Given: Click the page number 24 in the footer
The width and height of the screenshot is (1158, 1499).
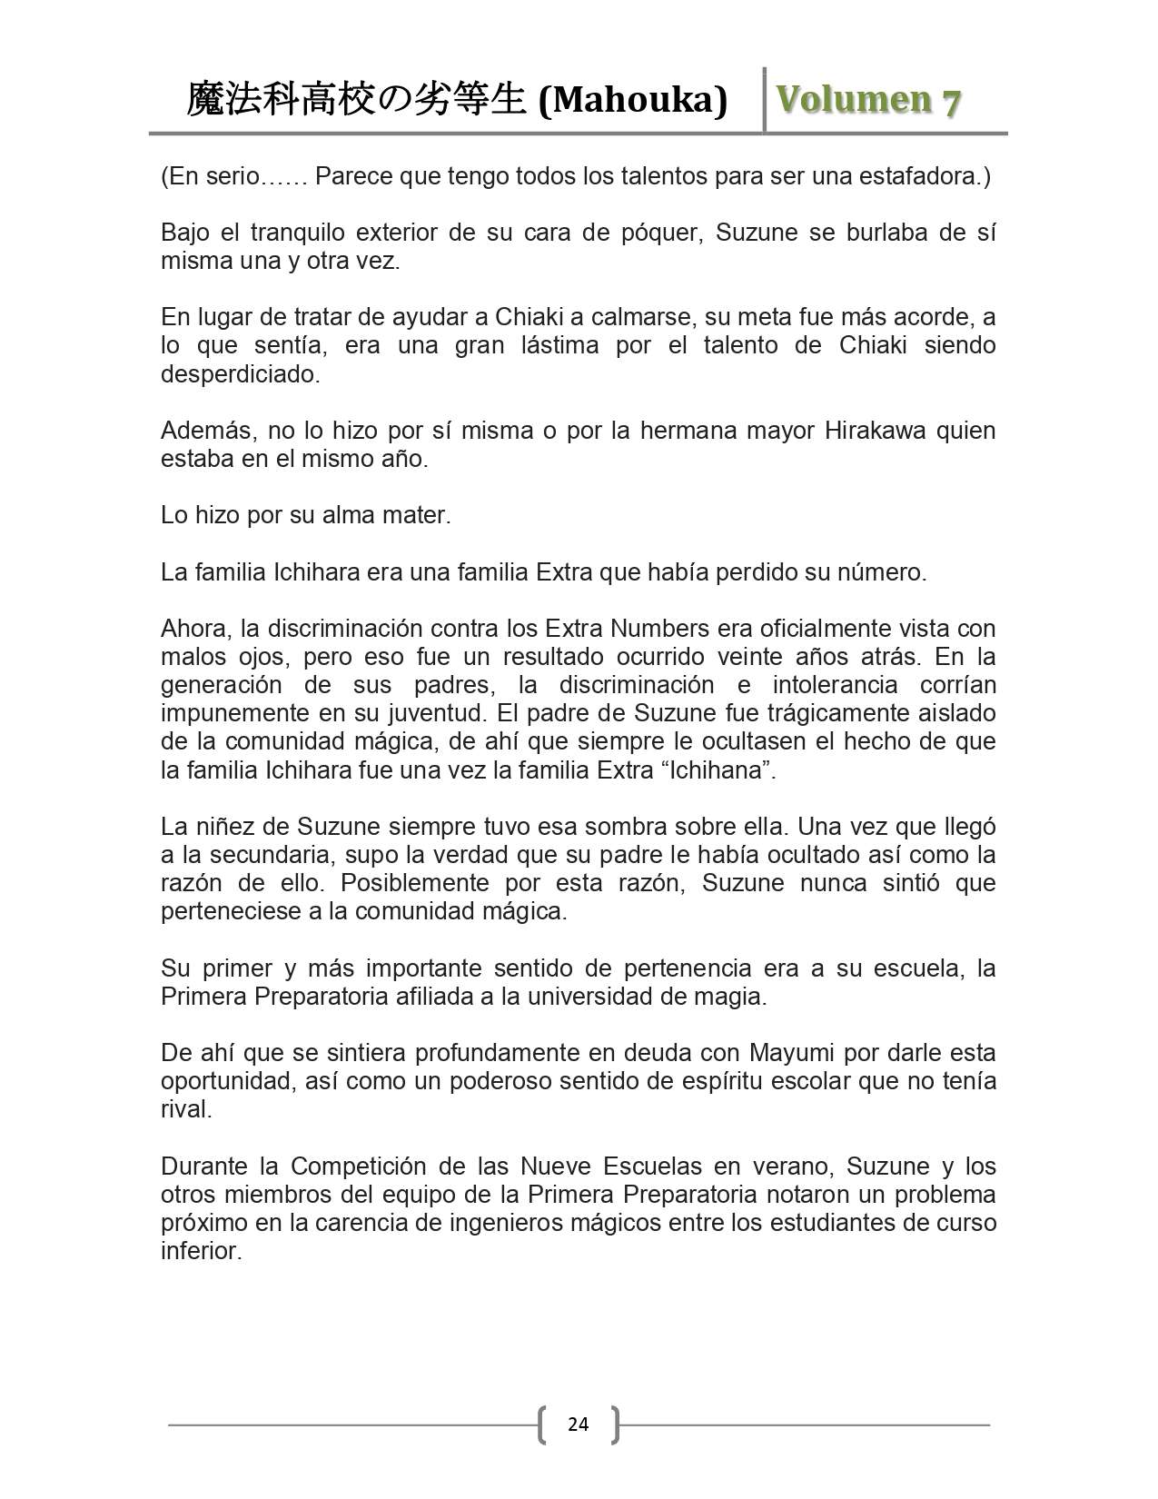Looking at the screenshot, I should [x=578, y=1424].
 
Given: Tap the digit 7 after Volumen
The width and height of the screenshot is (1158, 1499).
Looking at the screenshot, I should [x=950, y=102].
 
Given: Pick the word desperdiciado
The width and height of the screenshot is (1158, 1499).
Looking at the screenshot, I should [x=240, y=373].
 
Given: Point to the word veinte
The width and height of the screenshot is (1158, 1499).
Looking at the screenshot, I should [x=781, y=657].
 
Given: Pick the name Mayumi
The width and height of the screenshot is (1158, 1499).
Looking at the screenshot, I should [x=787, y=1053].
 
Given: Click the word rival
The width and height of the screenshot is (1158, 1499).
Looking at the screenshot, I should [x=186, y=1109].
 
